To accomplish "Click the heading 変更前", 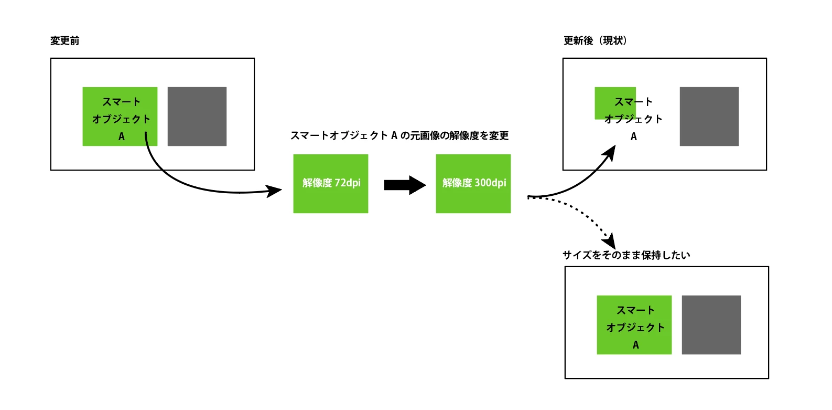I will [x=64, y=41].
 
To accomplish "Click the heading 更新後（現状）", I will [x=595, y=41].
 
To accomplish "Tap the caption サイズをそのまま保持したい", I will [x=626, y=255].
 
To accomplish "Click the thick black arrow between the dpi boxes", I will [x=405, y=185].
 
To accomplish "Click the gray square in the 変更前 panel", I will [x=197, y=117].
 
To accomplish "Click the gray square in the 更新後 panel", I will [x=709, y=117].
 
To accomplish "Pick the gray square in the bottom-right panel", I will [x=711, y=325].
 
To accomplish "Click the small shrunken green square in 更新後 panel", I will [x=608, y=103].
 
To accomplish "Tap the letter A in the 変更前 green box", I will [x=122, y=137].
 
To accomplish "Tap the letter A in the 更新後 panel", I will [x=634, y=137].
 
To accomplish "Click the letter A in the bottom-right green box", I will [x=635, y=345].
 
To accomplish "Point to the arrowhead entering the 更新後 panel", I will [x=610, y=152].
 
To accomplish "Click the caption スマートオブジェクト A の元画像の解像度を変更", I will [x=399, y=136].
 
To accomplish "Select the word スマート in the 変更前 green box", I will [x=121, y=102].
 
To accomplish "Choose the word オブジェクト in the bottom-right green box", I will [x=635, y=328].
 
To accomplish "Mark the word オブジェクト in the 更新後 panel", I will [x=633, y=119].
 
